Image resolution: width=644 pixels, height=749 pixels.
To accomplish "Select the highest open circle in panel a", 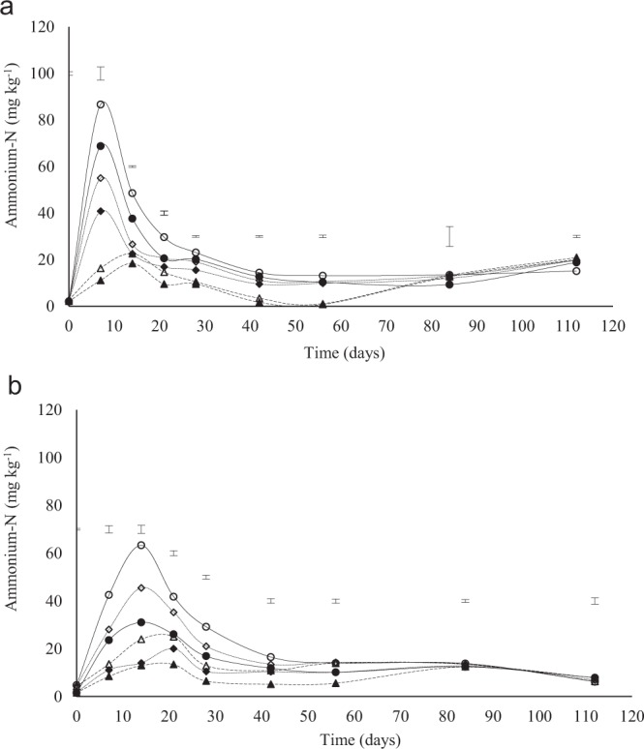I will click(x=101, y=105).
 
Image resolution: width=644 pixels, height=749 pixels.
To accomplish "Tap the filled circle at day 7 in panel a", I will click(x=101, y=146).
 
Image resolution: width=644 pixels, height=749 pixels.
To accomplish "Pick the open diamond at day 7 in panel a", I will click(x=101, y=178).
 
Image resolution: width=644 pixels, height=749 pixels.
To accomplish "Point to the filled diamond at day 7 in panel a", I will click(x=101, y=211).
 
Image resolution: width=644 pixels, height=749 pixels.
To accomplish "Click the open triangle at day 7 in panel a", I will click(x=101, y=268).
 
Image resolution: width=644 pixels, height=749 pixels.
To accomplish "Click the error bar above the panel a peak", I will click(x=101, y=74).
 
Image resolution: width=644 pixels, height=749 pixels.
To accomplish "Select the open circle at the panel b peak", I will click(x=141, y=545).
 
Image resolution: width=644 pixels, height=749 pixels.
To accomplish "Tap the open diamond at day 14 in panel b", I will click(x=141, y=587).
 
